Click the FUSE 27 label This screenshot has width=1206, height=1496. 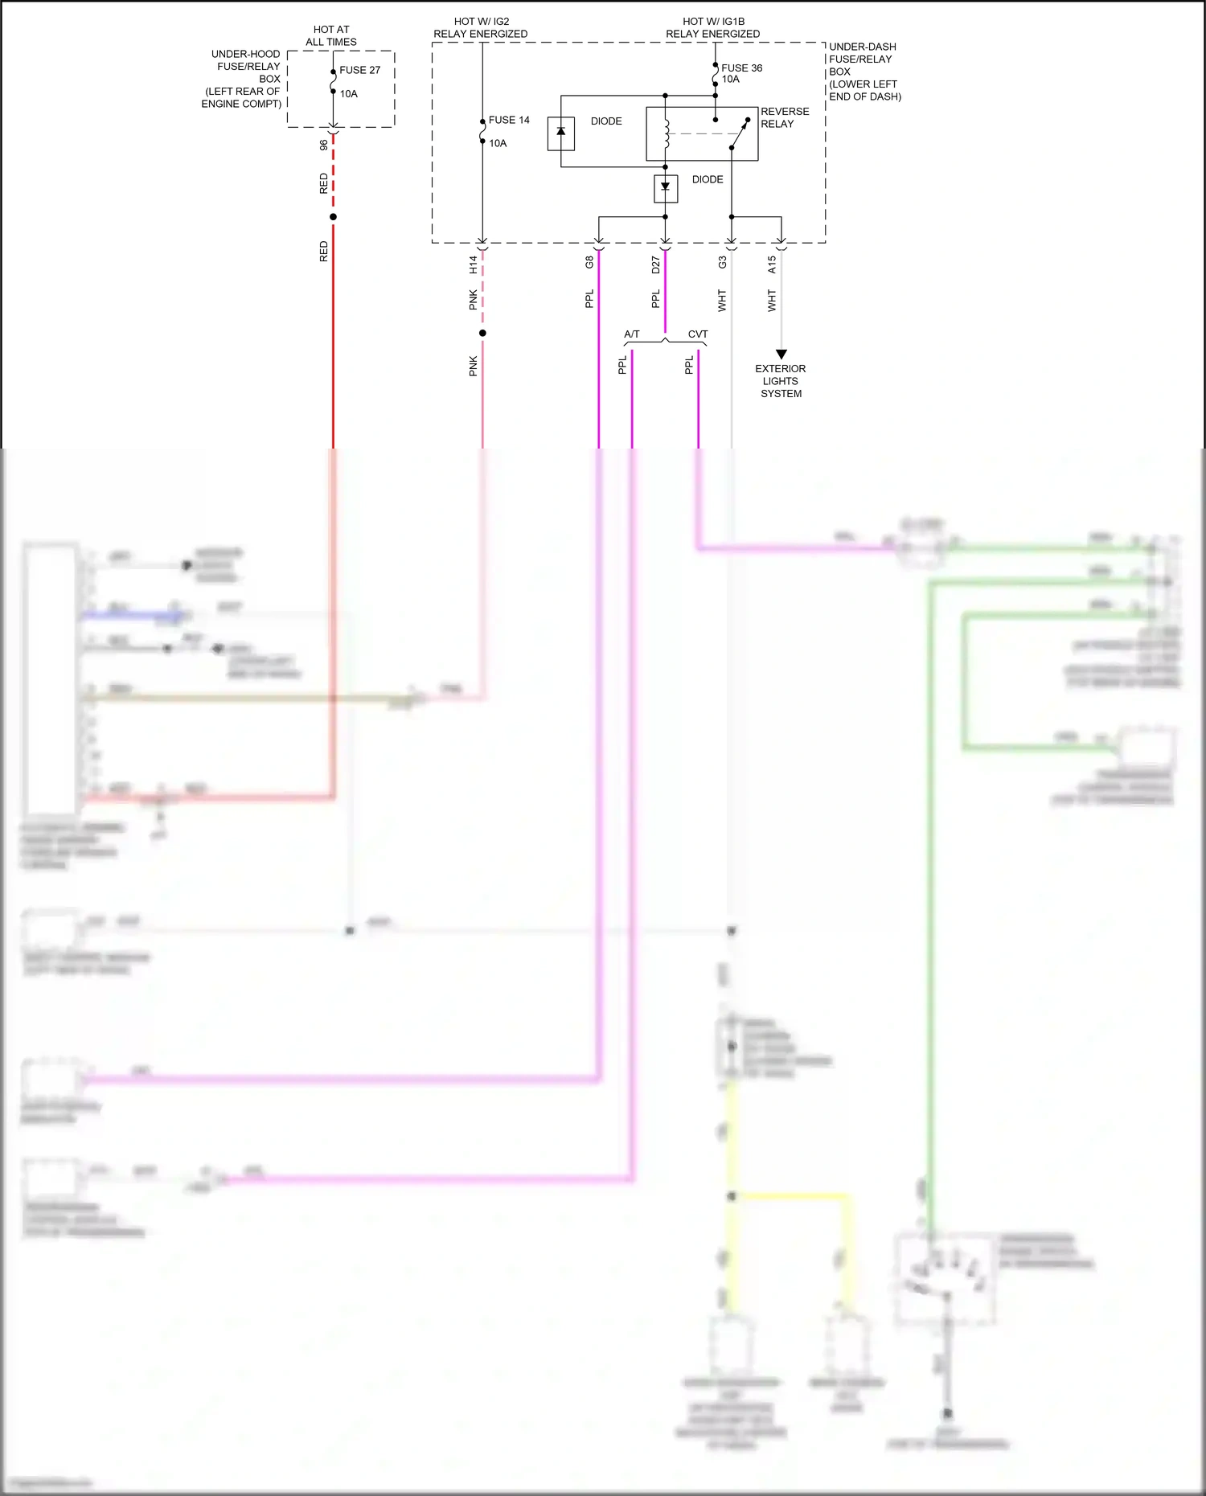359,70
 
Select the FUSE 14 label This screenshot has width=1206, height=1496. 509,120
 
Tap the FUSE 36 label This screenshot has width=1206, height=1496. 741,68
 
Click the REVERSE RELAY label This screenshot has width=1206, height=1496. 785,117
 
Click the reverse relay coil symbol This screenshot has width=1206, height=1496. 666,133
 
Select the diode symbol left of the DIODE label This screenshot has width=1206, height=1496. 561,133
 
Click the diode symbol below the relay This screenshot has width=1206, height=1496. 666,188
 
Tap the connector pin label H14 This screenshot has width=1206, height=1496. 474,264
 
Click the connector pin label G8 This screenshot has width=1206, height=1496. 589,262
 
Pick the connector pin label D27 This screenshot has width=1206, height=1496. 656,264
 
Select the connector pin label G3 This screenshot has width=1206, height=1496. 722,262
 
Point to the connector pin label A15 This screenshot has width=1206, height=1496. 772,264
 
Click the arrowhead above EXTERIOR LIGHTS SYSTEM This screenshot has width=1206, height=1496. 781,355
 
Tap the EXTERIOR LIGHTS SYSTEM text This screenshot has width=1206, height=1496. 781,381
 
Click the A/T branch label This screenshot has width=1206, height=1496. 632,334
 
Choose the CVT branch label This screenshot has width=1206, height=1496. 698,334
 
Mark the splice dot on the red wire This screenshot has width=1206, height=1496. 333,217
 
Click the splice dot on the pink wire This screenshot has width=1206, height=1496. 482,333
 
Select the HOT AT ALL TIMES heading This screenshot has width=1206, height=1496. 331,35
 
